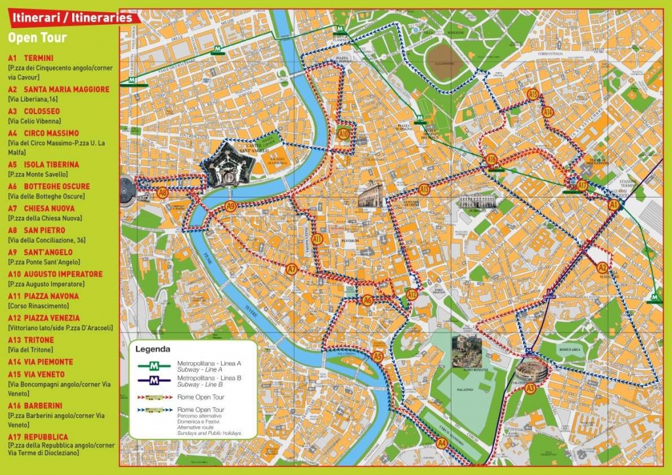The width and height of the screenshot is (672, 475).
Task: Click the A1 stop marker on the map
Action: pyautogui.click(x=614, y=205)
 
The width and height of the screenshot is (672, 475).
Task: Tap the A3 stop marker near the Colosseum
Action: pyautogui.click(x=530, y=388)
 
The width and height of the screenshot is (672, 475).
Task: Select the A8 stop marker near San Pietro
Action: pyautogui.click(x=163, y=193)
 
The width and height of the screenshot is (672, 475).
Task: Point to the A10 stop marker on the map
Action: pyautogui.click(x=344, y=134)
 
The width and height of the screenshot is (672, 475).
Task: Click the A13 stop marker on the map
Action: pyautogui.click(x=425, y=190)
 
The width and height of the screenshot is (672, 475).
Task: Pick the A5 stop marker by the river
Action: pyautogui.click(x=377, y=357)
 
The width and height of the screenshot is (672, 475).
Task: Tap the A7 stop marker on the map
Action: pyautogui.click(x=292, y=269)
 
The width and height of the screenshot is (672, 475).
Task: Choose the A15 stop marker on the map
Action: pyautogui.click(x=533, y=96)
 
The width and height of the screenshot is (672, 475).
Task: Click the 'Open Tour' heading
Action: pyautogui.click(x=37, y=38)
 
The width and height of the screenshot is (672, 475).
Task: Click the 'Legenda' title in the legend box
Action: pyautogui.click(x=153, y=350)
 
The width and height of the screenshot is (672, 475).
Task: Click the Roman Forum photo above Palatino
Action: pyautogui.click(x=466, y=352)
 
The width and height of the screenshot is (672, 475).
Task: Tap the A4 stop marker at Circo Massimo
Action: pyautogui.click(x=442, y=444)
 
